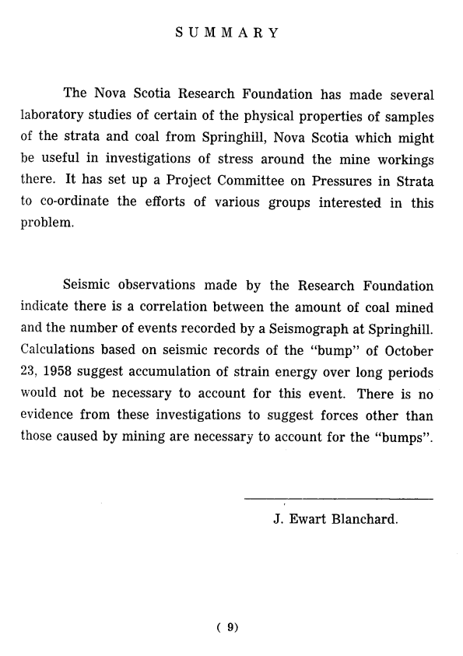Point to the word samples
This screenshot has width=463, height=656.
[x=402, y=117]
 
